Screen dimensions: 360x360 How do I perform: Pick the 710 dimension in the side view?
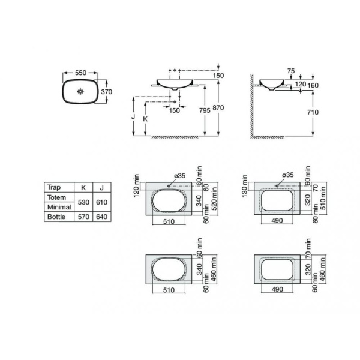coord(320,112)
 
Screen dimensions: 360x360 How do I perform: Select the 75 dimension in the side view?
coord(290,71)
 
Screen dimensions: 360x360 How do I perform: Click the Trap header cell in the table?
coord(53,187)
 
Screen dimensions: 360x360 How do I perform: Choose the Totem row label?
coord(56,197)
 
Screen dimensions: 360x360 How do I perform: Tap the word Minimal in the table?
coord(59,206)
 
